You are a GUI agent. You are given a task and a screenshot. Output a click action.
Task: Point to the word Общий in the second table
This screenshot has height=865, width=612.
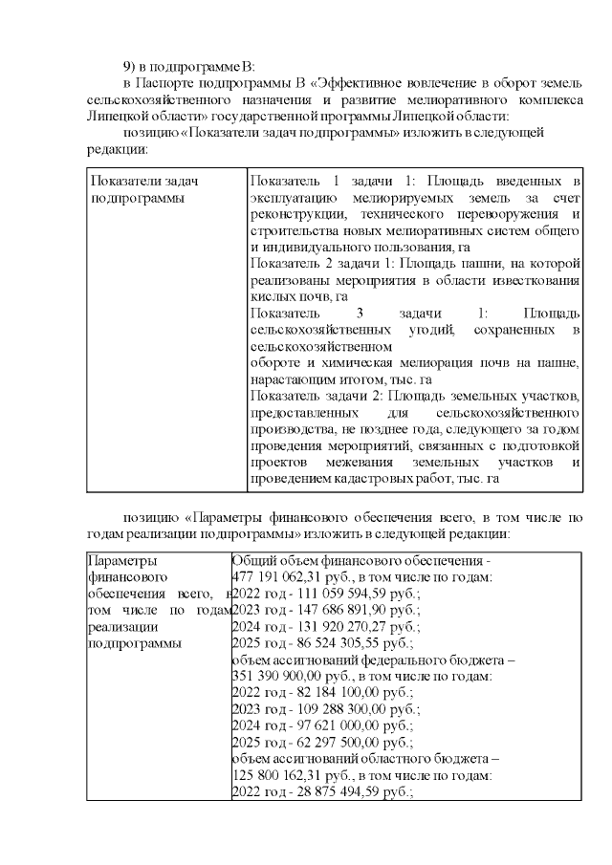click(253, 561)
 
